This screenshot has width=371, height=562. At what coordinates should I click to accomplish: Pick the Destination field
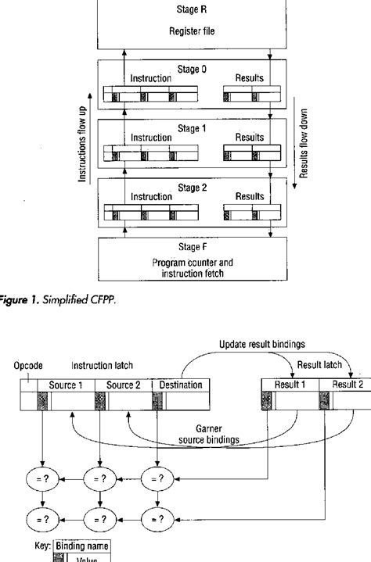coord(180,385)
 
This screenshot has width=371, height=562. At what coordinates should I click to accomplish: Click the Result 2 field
coord(348,385)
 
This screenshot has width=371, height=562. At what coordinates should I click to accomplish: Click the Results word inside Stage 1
coord(248,138)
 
